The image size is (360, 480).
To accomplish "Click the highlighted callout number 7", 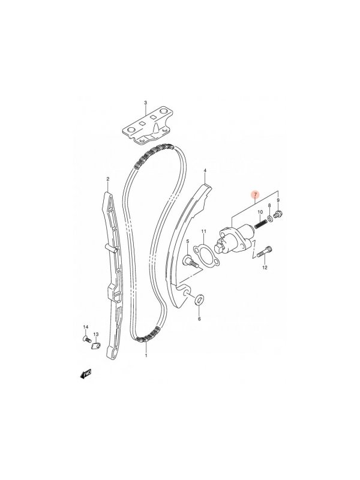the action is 256,194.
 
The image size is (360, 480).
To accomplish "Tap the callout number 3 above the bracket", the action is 146,102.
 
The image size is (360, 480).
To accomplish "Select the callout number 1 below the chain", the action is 146,356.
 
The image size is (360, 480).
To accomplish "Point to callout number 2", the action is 108,178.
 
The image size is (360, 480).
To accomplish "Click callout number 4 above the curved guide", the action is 205,170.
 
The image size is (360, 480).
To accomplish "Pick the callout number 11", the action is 204,232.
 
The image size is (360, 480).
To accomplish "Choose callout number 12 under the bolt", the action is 265,268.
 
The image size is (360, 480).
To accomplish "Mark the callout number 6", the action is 199,319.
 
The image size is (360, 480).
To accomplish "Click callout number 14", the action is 85,327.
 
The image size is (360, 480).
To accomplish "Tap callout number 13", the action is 96,334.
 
